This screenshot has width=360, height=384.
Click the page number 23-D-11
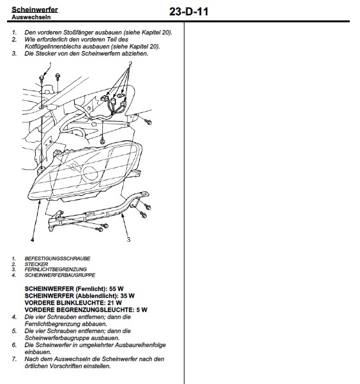pyautogui.click(x=188, y=11)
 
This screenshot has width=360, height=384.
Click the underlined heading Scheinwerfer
pyautogui.click(x=35, y=10)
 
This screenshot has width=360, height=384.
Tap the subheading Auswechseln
pyautogui.click(x=31, y=17)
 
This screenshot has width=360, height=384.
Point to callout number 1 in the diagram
pyautogui.click(x=50, y=64)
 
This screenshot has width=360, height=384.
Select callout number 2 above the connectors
pyautogui.click(x=130, y=64)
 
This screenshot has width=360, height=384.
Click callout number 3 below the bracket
pyautogui.click(x=128, y=239)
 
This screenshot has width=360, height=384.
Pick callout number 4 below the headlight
pyautogui.click(x=32, y=240)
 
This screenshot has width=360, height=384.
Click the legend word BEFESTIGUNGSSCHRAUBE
pyautogui.click(x=57, y=258)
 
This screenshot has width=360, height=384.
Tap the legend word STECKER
pyautogui.click(x=36, y=264)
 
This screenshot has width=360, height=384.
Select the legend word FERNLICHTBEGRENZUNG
pyautogui.click(x=56, y=269)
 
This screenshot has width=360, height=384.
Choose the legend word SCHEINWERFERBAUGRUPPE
pyautogui.click(x=60, y=275)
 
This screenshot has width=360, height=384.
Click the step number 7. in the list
pyautogui.click(x=14, y=359)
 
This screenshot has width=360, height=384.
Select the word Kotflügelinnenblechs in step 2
pyautogui.click(x=54, y=47)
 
